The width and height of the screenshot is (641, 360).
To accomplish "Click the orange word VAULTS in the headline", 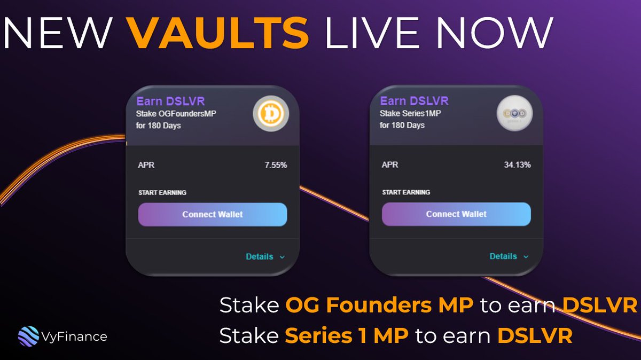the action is coord(217,33).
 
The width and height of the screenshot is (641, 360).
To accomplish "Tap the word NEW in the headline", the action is coord(57,33).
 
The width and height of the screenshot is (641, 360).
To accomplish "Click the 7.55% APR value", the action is coord(276,165).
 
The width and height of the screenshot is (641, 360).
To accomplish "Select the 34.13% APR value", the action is coord(518,165).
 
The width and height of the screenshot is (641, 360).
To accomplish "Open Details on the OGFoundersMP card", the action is coord(265,257).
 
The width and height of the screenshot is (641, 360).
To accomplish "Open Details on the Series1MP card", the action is coord(509,256).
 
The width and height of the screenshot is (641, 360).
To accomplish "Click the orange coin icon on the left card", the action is coord(271,114).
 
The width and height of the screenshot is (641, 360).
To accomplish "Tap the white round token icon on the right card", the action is coord(514,113).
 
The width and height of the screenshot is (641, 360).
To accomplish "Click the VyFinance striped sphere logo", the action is coord(28,336).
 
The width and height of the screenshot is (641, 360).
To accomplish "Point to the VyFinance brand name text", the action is coord(74,337).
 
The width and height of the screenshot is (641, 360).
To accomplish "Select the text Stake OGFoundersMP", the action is coord(176,114).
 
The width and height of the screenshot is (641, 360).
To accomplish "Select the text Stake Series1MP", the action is coord(410,113).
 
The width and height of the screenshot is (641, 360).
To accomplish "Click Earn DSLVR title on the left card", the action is coord(170,101).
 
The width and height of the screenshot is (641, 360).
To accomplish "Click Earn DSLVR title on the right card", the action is coord(415,101).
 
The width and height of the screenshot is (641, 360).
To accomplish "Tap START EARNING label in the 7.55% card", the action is coord(162,193).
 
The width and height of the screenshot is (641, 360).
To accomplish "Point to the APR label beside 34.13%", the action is coord(390,165).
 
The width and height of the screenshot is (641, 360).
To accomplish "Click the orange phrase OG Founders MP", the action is coord(379,305).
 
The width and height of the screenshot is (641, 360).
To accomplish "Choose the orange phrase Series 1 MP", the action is coord(347,335).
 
